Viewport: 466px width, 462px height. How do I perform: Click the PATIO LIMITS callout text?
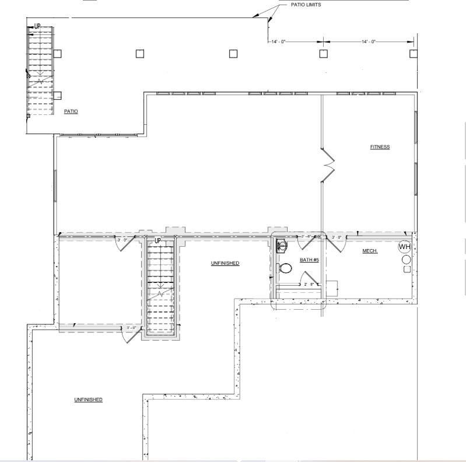point(306,5)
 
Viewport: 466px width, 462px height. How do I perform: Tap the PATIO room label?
point(71,111)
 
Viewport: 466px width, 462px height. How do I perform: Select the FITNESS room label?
point(380,147)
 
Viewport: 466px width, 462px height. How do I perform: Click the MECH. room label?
point(370,251)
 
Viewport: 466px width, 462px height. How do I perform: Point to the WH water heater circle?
point(405,247)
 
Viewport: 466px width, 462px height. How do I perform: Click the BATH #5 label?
point(309,260)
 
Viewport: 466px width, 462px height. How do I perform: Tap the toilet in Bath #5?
point(285,269)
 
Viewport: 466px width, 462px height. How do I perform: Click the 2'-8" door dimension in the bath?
point(309,284)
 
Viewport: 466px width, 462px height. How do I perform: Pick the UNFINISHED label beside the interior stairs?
point(225,264)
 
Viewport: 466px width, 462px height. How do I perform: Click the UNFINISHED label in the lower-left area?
point(88,400)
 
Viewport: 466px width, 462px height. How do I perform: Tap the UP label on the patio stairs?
point(37,26)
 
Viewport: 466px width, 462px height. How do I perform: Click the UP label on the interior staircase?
point(157,240)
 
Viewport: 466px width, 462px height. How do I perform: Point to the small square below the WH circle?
point(407,269)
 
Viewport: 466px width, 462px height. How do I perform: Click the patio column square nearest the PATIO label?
point(58,95)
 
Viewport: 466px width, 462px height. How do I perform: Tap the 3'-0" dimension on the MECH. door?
point(337,237)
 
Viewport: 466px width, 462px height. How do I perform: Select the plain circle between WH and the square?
point(406,259)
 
